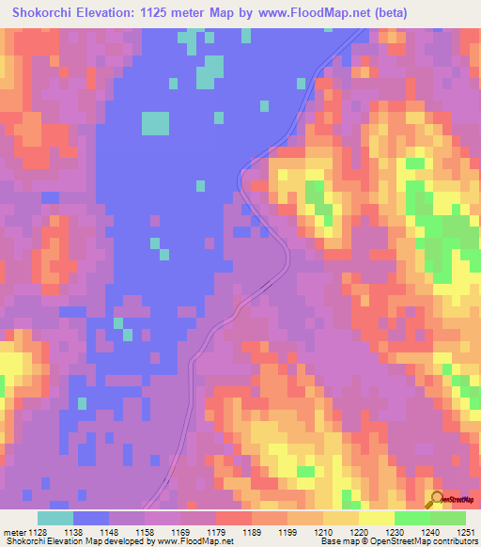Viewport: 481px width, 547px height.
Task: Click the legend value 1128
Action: click(x=36, y=532)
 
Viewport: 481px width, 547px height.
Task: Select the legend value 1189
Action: click(x=252, y=532)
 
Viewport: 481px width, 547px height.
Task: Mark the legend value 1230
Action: click(x=395, y=532)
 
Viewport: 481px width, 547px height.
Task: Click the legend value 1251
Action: click(x=465, y=532)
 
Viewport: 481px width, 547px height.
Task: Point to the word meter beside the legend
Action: click(x=12, y=532)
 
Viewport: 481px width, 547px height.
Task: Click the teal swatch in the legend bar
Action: click(x=55, y=518)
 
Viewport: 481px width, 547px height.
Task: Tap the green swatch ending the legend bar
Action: click(x=448, y=518)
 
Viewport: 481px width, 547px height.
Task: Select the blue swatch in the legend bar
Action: click(x=91, y=518)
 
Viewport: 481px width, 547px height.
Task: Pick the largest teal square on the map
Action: click(x=155, y=123)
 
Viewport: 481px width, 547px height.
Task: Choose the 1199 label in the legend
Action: click(x=287, y=532)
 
